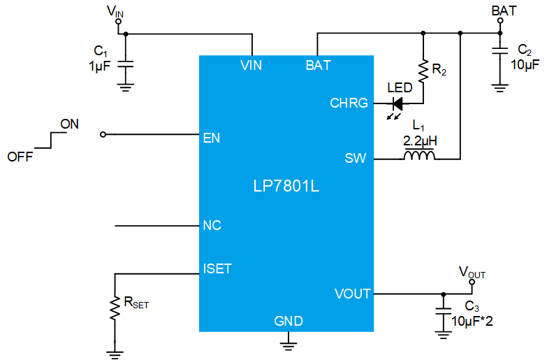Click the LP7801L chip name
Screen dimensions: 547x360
coord(286,186)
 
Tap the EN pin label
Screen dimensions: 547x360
coord(212,138)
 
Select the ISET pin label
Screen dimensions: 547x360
coord(217,268)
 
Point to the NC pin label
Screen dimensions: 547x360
coord(212,225)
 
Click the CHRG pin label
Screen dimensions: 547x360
coord(349,103)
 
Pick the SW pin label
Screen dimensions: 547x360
coord(356,158)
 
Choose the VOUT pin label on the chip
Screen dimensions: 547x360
coord(352,294)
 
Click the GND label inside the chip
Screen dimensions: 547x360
coord(289,321)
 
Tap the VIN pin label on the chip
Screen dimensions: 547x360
coord(251,65)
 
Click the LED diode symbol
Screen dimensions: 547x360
coord(398,103)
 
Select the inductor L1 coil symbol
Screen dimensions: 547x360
coord(419,154)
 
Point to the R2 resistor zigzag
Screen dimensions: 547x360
coord(423,71)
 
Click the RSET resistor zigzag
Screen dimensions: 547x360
coord(115,308)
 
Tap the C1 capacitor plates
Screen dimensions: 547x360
coord(126,64)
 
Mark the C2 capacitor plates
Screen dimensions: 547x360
coord(500,50)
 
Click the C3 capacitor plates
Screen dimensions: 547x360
coord(444,311)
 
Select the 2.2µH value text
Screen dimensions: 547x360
coord(420,141)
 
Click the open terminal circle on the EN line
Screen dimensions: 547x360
coord(103,134)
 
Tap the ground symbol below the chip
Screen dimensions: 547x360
coord(289,345)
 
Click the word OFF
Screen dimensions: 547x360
coord(20,157)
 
